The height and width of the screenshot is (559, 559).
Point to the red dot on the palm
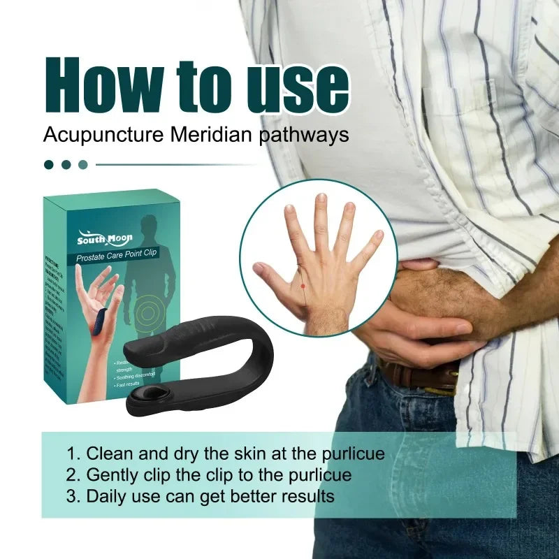click(x=302, y=286)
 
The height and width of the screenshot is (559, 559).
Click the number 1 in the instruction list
click(x=71, y=453)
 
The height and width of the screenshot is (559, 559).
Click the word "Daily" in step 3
click(x=105, y=497)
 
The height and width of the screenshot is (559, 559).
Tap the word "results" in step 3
click(x=305, y=497)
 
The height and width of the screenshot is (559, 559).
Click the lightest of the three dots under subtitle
click(x=83, y=165)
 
